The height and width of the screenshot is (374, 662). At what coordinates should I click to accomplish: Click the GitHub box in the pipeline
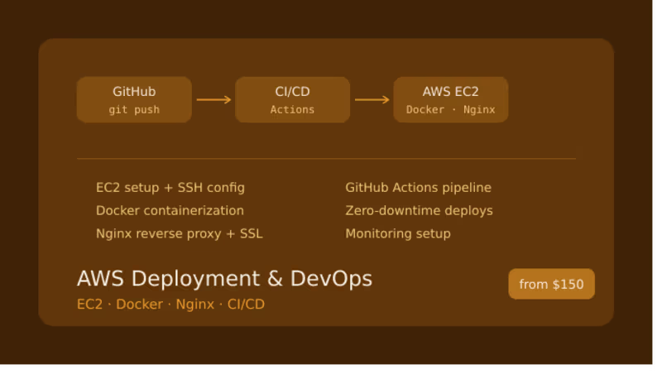click(134, 99)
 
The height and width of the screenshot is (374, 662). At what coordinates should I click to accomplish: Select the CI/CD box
click(292, 99)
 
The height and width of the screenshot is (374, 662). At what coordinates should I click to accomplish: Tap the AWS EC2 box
click(450, 99)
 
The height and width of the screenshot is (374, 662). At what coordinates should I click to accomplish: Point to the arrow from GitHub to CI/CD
click(213, 100)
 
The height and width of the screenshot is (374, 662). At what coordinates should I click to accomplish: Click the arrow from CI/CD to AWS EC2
click(372, 100)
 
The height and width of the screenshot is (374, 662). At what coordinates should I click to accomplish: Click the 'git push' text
click(134, 109)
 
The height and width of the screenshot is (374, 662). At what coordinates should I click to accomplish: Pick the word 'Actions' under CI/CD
click(292, 109)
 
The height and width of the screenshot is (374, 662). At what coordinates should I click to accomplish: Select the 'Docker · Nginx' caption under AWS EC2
click(450, 109)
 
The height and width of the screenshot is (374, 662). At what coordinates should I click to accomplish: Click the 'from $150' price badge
click(551, 284)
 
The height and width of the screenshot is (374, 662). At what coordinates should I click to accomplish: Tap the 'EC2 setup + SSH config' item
click(170, 188)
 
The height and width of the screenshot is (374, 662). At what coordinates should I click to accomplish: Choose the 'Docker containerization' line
click(170, 211)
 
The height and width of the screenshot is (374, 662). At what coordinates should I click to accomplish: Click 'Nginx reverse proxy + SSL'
click(179, 233)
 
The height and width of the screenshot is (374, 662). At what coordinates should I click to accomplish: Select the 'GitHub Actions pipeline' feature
click(418, 188)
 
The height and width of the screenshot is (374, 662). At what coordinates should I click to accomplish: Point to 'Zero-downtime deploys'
click(419, 211)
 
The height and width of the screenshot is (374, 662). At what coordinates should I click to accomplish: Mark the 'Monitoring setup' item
click(398, 233)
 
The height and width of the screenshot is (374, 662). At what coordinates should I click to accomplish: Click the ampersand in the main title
click(276, 278)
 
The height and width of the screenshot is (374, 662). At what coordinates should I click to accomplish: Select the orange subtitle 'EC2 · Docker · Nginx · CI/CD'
click(170, 304)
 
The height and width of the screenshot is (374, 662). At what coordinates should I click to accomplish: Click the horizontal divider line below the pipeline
click(326, 158)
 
